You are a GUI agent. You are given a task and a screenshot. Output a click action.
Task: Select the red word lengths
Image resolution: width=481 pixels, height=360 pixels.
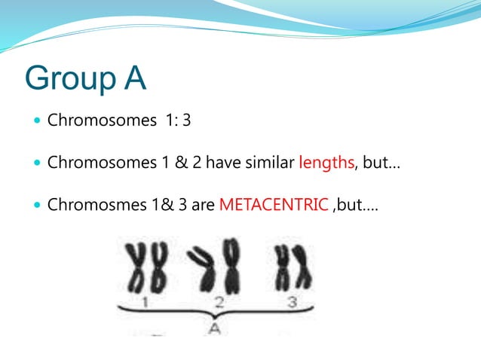326,162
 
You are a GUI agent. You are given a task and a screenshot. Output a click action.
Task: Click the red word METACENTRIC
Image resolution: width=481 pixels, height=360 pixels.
274,204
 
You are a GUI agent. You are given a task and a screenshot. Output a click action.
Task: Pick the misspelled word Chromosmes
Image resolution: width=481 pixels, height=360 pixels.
93,204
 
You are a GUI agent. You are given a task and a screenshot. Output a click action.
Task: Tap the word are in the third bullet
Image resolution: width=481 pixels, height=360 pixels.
203,204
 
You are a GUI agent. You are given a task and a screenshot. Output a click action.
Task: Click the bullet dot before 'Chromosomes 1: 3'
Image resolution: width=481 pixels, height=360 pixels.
37,121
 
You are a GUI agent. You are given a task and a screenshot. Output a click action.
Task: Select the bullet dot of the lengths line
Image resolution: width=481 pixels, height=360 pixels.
37,163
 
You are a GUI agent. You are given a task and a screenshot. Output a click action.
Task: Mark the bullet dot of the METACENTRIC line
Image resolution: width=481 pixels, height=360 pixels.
37,205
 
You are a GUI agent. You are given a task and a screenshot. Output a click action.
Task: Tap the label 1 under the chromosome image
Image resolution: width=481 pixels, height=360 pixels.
146,303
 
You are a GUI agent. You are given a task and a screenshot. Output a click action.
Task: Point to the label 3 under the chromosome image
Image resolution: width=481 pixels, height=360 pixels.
292,303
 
